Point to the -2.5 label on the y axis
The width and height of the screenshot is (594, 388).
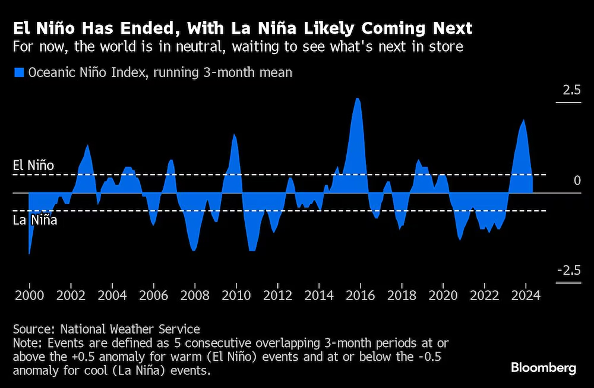tap(568, 271)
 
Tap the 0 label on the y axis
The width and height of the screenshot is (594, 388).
tap(577, 180)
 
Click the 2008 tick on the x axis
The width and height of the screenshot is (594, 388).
tap(195, 295)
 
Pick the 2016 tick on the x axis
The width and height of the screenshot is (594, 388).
tap(360, 295)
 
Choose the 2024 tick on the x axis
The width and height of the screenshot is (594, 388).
tap(525, 295)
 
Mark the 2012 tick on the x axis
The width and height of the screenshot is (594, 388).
tap(277, 295)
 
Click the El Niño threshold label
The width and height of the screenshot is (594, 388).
tap(33, 166)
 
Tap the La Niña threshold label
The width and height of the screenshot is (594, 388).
tap(34, 220)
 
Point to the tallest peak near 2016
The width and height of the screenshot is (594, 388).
tap(357, 98)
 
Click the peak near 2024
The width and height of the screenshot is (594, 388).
tap(523, 120)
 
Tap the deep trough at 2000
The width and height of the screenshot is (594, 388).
tap(29, 253)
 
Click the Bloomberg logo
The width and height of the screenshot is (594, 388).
tap(544, 368)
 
